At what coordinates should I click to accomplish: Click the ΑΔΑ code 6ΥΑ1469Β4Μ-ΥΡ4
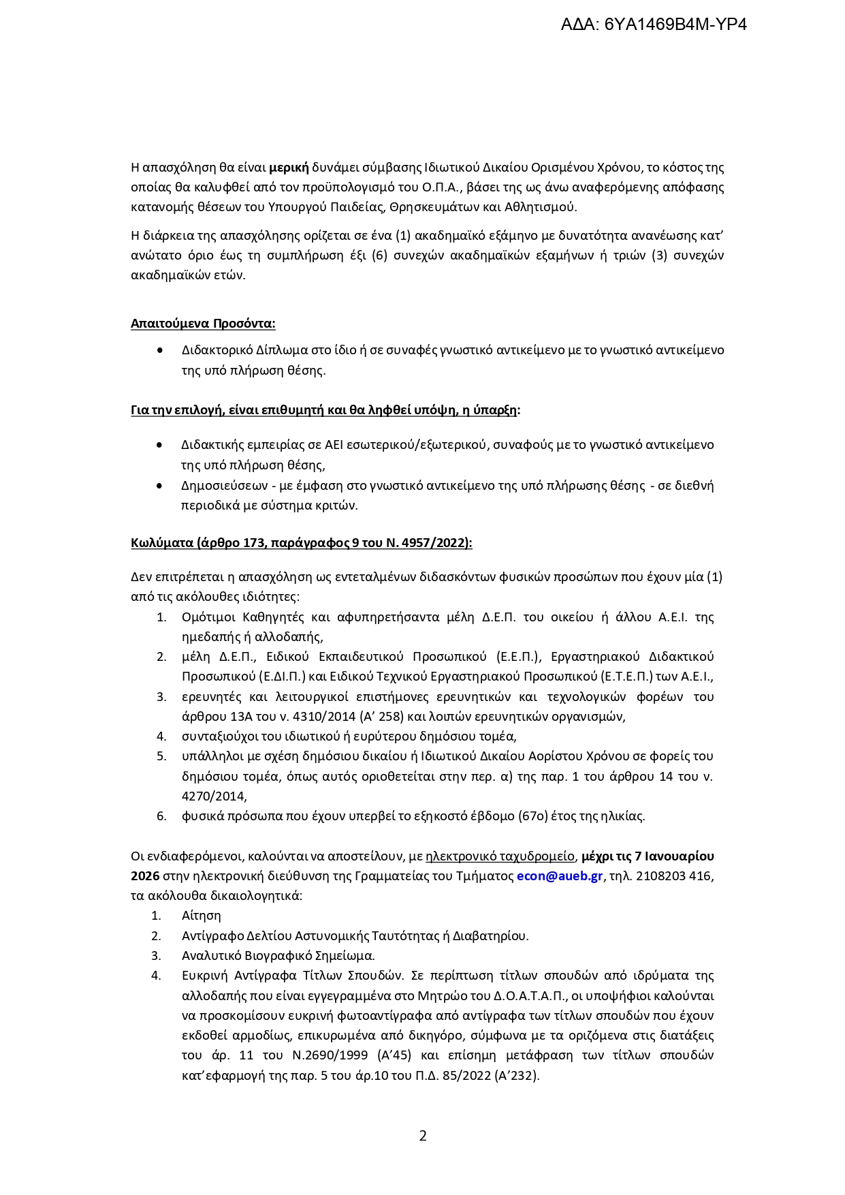tap(654, 25)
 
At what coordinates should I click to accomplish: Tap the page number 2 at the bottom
tap(423, 1136)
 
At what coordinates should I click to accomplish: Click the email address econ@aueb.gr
tap(560, 876)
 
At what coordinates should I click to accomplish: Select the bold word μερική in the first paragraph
tap(289, 168)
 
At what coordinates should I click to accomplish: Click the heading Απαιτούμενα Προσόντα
tap(203, 324)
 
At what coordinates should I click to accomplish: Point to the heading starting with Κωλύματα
tap(301, 543)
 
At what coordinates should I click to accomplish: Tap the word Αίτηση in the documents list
tap(202, 916)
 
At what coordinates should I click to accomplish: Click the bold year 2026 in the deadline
tap(145, 876)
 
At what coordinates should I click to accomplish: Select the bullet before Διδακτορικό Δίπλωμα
tap(159, 350)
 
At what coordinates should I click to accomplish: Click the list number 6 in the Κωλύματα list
tap(161, 816)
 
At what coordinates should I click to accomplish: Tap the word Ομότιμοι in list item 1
tap(208, 617)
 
